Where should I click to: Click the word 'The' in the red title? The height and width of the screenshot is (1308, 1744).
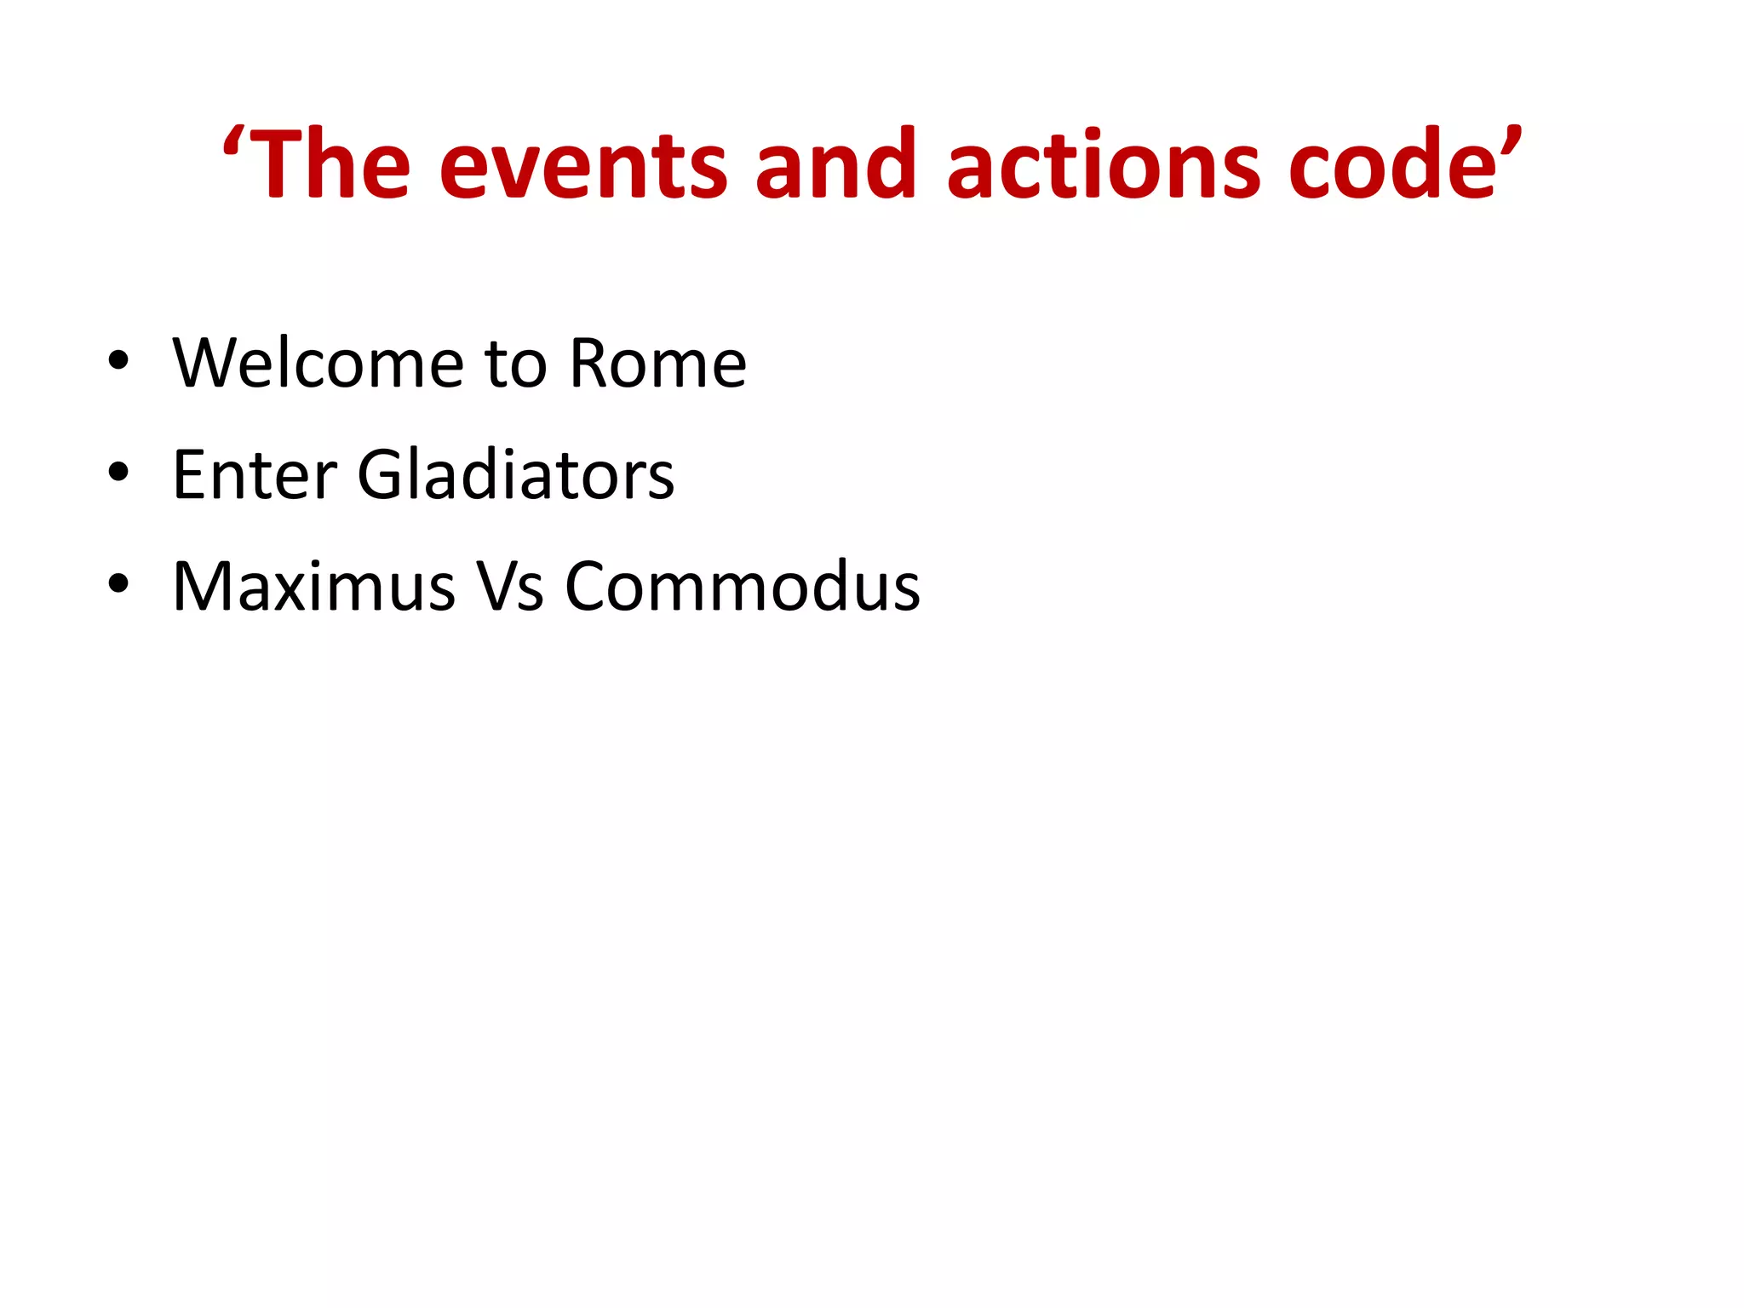pyautogui.click(x=332, y=164)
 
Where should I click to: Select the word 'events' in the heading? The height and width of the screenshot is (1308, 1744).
pyautogui.click(x=583, y=167)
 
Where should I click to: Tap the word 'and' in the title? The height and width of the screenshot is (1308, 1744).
pyautogui.click(x=835, y=164)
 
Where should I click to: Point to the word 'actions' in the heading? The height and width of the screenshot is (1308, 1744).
pyautogui.click(x=1103, y=164)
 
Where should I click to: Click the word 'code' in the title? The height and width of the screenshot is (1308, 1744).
pyautogui.click(x=1392, y=164)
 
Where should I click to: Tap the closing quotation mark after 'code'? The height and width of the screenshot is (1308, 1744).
pyautogui.click(x=1511, y=141)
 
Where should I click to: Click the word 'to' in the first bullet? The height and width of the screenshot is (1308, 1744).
pyautogui.click(x=515, y=364)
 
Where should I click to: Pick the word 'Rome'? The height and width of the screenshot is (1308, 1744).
pyautogui.click(x=657, y=364)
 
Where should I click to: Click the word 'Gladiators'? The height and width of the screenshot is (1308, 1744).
pyautogui.click(x=515, y=474)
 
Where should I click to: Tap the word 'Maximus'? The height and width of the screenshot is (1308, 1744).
pyautogui.click(x=314, y=587)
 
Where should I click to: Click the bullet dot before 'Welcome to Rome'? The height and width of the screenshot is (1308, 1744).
pyautogui.click(x=118, y=360)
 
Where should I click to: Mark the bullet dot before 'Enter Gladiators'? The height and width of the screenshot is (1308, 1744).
pyautogui.click(x=118, y=472)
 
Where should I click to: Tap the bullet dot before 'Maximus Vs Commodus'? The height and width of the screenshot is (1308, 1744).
pyautogui.click(x=118, y=583)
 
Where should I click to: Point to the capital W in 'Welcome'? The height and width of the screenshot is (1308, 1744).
pyautogui.click(x=204, y=364)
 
